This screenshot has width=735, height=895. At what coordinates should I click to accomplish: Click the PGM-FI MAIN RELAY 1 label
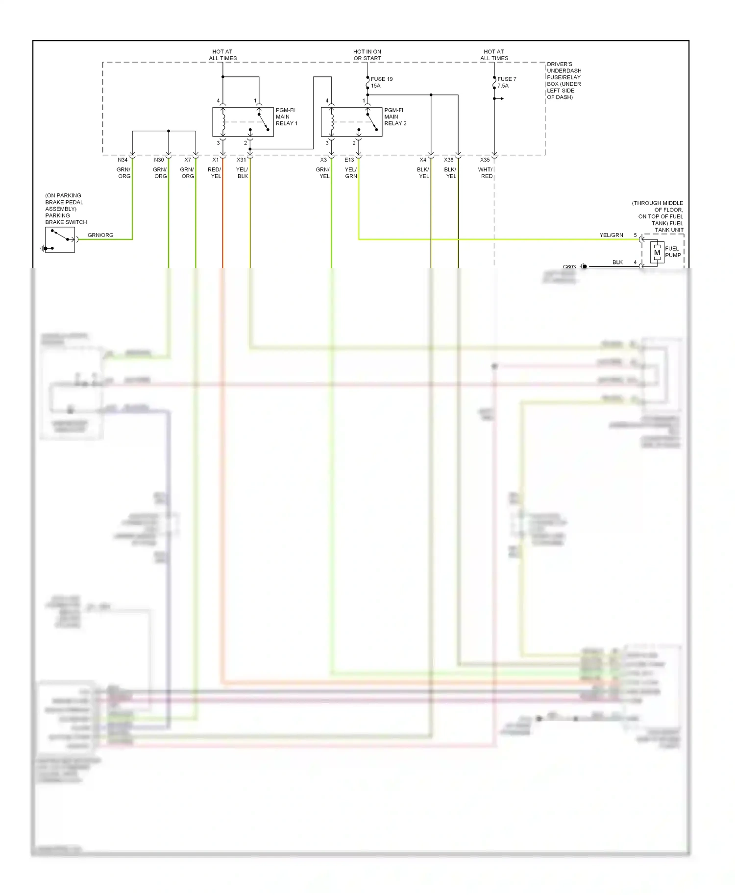286,117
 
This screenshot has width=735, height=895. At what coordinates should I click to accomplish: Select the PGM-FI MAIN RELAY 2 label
395,117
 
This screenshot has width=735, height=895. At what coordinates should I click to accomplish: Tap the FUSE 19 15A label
381,82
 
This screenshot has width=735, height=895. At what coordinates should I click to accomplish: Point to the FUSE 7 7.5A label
506,82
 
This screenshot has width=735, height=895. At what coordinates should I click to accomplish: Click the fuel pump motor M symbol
657,253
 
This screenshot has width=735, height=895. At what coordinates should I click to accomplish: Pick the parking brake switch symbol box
60,240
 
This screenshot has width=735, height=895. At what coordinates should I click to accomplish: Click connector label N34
122,160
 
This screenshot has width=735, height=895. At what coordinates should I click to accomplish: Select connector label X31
241,160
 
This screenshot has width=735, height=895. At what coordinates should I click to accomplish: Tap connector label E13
349,160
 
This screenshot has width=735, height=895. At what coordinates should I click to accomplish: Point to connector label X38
448,160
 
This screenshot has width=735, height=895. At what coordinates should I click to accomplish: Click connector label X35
485,160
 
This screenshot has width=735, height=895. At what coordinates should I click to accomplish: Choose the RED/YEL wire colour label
215,173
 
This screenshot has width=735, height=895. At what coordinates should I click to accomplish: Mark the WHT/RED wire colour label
486,173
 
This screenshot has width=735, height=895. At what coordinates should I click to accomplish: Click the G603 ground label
569,267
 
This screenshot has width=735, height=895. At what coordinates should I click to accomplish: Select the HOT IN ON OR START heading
367,55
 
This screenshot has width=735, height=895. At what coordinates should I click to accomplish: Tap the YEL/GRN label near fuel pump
611,236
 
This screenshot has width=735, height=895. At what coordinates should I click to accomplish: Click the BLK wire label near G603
617,262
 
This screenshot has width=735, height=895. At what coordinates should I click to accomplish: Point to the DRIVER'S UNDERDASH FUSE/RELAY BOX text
563,81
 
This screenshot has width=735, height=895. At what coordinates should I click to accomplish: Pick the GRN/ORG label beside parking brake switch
100,236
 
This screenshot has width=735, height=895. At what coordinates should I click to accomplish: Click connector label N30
159,160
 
